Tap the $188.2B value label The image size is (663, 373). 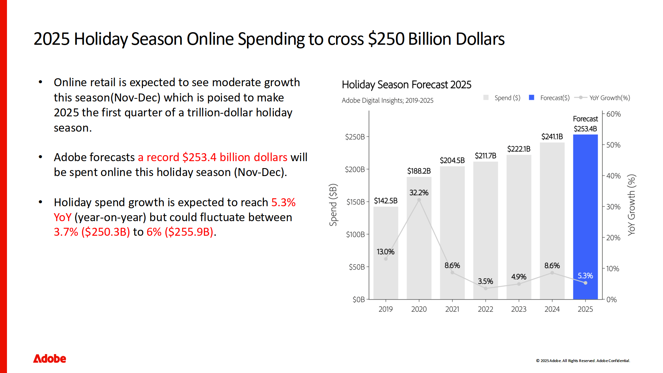[x=419, y=171]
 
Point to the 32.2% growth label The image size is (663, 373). [x=419, y=193]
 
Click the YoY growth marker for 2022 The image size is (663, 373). [x=486, y=288]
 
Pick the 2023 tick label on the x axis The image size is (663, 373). [x=519, y=309]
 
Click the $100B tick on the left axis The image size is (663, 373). [x=355, y=235]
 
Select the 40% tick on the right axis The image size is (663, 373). [x=613, y=176]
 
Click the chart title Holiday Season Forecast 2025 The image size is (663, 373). [x=406, y=85]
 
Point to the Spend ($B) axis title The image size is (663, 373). [x=333, y=205]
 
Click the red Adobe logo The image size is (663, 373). [x=50, y=359]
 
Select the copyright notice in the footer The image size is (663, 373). [x=583, y=361]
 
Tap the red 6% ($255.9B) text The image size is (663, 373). [x=180, y=232]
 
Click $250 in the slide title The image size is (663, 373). [x=386, y=39]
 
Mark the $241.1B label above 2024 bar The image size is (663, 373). [x=552, y=137]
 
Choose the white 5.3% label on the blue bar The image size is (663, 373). [x=585, y=276]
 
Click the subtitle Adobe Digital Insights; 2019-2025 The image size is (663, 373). [x=388, y=100]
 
